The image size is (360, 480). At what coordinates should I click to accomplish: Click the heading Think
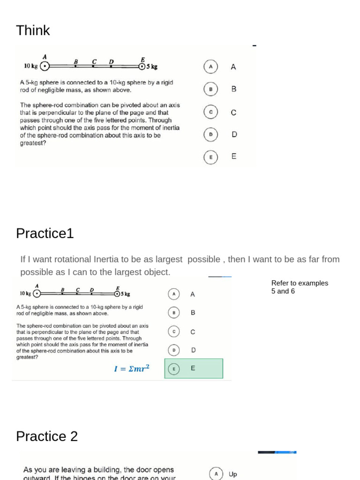[33, 30]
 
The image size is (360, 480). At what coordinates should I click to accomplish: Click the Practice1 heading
[45, 233]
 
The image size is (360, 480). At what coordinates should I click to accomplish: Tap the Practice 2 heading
[47, 436]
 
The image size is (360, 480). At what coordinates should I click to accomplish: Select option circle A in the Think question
[211, 67]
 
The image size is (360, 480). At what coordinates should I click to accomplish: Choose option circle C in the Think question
[211, 112]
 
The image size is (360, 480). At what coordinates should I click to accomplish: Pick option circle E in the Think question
[211, 157]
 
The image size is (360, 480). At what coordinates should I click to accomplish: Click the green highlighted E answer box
[194, 368]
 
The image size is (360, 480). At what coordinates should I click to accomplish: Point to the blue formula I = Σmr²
[132, 368]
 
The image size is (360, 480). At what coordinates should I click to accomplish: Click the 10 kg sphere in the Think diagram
[45, 67]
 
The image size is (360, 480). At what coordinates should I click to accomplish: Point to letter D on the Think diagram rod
[111, 61]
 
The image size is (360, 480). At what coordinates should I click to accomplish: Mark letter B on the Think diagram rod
[76, 61]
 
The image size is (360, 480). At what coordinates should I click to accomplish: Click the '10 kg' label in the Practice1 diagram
[25, 293]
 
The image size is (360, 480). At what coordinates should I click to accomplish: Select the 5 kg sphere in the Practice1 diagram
[117, 294]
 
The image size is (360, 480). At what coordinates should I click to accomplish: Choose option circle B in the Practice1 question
[174, 312]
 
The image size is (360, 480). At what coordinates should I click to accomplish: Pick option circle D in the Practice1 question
[174, 350]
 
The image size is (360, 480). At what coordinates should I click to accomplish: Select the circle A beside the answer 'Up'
[216, 474]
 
